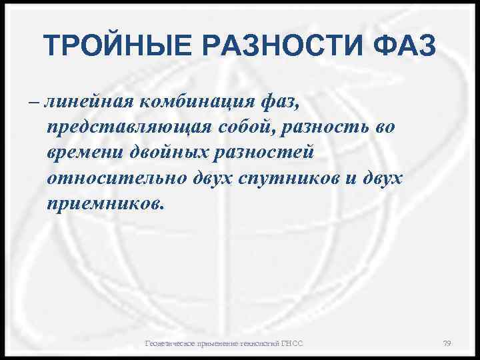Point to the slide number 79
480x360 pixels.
(447, 343)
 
